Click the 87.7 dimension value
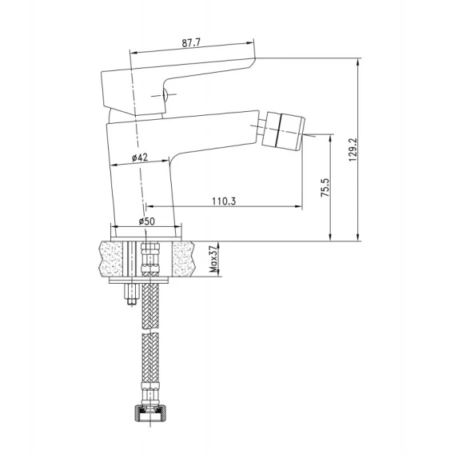(x=191, y=43)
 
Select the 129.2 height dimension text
(x=352, y=149)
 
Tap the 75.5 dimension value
(x=325, y=188)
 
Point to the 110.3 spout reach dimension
(x=224, y=201)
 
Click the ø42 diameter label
(x=140, y=157)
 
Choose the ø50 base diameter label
(x=147, y=221)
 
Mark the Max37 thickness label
(x=213, y=259)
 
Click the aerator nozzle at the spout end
(x=284, y=130)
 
